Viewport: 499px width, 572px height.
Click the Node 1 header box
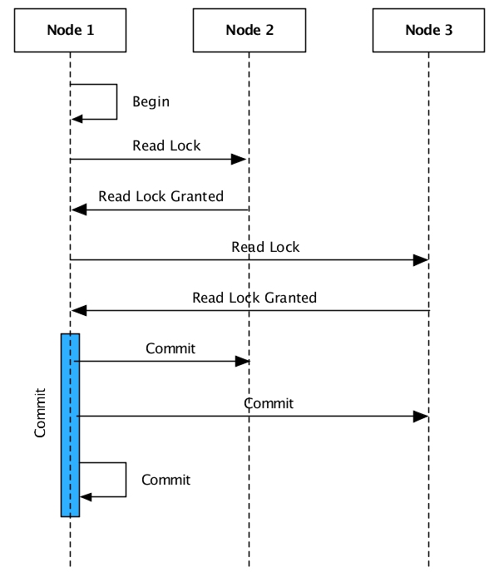coord(70,31)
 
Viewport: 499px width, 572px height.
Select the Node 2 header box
coord(249,31)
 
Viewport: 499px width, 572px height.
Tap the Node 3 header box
coord(428,31)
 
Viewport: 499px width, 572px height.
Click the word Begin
coord(151,102)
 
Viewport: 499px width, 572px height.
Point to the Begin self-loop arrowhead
coord(77,119)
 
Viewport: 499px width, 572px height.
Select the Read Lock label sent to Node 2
coord(166,145)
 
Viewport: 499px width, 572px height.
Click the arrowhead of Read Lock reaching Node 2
coord(242,159)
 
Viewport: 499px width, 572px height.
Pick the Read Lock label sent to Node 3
coord(265,247)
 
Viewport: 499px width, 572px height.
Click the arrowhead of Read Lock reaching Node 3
coord(422,260)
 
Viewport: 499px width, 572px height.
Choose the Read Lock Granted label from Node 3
coord(254,297)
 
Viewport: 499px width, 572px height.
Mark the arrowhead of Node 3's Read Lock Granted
coord(77,311)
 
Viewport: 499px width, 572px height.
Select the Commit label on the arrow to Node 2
coord(170,348)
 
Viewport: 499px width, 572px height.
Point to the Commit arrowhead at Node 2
coord(243,362)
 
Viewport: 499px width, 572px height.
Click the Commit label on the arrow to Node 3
coord(268,403)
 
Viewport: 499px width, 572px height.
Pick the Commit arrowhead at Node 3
coord(422,416)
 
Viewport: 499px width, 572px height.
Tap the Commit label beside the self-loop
coord(166,480)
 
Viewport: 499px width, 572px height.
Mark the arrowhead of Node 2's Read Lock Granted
coord(77,210)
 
